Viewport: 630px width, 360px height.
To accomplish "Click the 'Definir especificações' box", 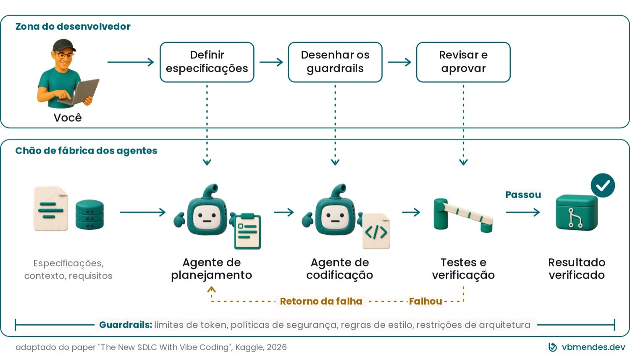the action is (207, 62).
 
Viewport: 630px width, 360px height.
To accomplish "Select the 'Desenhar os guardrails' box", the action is (335, 62).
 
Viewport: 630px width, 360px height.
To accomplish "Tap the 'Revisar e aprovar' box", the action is (464, 62).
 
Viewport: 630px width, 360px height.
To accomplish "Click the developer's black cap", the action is (64, 45).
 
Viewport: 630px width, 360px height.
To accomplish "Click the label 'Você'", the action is (68, 118).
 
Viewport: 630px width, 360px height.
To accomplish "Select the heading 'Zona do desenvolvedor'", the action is (73, 26).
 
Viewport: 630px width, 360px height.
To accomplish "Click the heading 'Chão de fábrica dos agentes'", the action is (87, 151).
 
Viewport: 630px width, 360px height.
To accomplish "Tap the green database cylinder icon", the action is (90, 214).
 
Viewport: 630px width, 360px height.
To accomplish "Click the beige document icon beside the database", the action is (51, 208).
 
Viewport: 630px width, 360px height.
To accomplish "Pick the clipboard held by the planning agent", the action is (247, 231).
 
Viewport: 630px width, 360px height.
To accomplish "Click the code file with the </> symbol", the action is (376, 231).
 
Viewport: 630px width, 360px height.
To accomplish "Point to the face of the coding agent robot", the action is (335, 217).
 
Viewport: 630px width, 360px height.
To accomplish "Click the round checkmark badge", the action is (603, 185).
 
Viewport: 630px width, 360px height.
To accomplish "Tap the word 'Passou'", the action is (523, 194).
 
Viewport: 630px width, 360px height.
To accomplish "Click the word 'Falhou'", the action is (425, 301).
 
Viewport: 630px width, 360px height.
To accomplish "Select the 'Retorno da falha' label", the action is (321, 301).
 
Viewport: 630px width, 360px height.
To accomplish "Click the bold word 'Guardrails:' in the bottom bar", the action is (126, 325).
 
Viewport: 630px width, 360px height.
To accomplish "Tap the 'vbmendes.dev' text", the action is (593, 347).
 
